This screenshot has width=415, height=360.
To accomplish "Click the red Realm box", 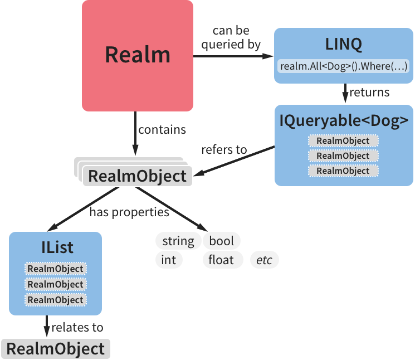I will tap(137, 55).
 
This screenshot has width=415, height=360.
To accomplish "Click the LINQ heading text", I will tap(344, 44).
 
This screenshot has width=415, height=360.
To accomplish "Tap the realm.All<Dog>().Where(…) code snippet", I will tap(344, 66).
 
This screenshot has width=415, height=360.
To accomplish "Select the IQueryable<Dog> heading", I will tap(344, 120).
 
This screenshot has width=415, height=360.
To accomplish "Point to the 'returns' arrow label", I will tap(369, 93).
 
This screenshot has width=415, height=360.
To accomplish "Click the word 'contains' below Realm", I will tap(162, 130).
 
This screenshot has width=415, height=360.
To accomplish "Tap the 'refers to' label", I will tap(224, 150).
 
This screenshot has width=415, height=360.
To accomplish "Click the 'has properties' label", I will tap(129, 212).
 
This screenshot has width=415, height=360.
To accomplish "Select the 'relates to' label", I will tap(77, 328).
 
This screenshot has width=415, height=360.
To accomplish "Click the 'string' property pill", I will tap(178, 241).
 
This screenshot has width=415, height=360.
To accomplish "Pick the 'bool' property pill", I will tap(221, 241).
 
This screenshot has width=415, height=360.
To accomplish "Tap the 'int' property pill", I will tap(169, 260).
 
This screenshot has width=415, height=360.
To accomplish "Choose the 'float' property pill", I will tap(222, 260).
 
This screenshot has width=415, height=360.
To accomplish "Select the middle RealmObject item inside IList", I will tap(55, 284).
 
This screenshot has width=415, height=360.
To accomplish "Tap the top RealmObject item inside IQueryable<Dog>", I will tap(343, 140).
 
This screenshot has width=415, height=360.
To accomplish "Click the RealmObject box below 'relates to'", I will tap(56, 349).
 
